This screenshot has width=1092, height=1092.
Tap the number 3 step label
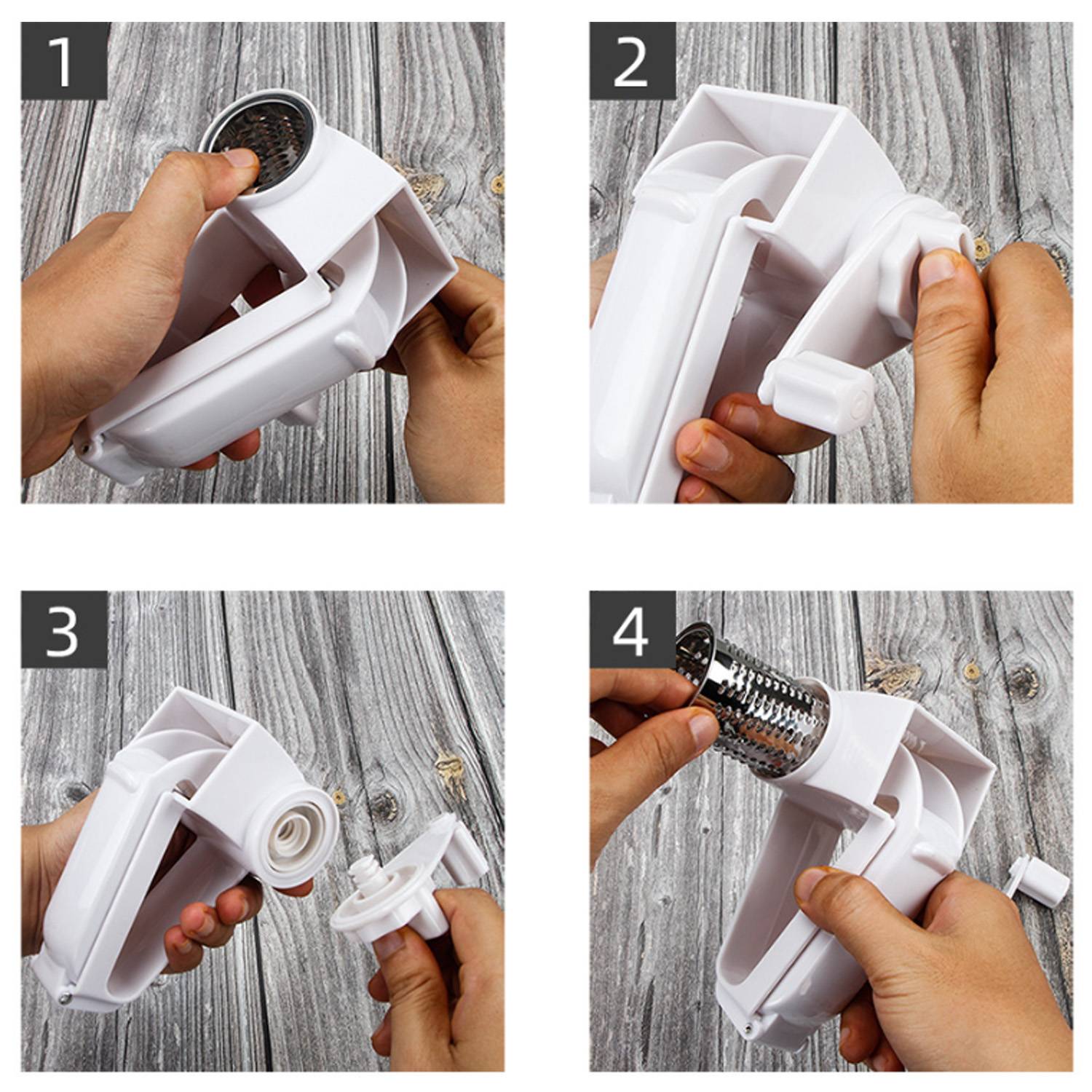[64, 630]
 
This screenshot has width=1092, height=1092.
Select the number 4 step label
[631, 630]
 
